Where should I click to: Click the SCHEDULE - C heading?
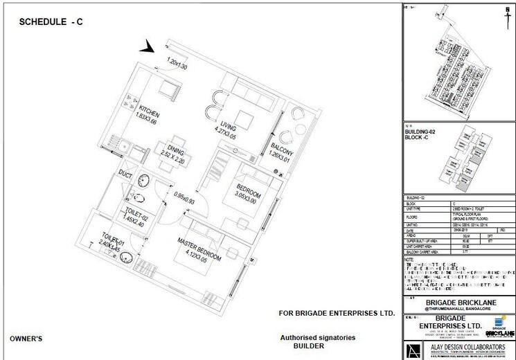51,22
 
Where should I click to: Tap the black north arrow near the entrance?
148,47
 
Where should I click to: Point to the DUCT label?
126,174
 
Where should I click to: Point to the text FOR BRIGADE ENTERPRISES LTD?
337,314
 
